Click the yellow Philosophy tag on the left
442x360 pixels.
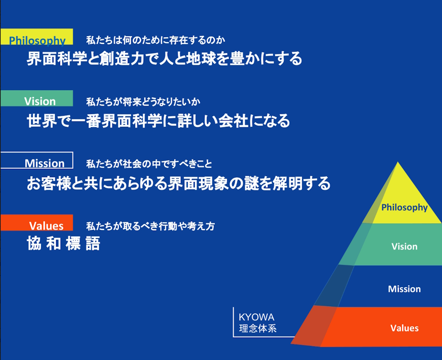click(37, 37)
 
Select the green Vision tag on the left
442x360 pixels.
click(37, 99)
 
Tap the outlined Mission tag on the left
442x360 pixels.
click(37, 160)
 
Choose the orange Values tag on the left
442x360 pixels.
click(37, 223)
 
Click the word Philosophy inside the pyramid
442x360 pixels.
click(404, 208)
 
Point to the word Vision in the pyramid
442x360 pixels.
click(404, 246)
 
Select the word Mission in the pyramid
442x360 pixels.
click(404, 289)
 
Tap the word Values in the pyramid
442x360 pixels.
click(404, 328)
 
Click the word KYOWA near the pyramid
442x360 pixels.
click(256, 317)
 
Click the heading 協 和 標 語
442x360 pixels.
click(63, 244)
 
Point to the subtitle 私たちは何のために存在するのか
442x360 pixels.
click(156, 40)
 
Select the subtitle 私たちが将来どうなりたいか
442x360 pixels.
click(143, 102)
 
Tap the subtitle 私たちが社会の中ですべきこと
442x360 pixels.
click(149, 164)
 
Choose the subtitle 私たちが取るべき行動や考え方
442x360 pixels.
click(151, 226)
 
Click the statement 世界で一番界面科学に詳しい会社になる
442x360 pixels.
click(158, 121)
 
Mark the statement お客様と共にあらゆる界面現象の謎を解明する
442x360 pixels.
click(179, 183)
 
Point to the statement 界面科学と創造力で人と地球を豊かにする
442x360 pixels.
click(164, 59)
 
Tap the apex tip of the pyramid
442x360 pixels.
click(398, 162)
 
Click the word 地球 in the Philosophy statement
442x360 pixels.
click(200, 59)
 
